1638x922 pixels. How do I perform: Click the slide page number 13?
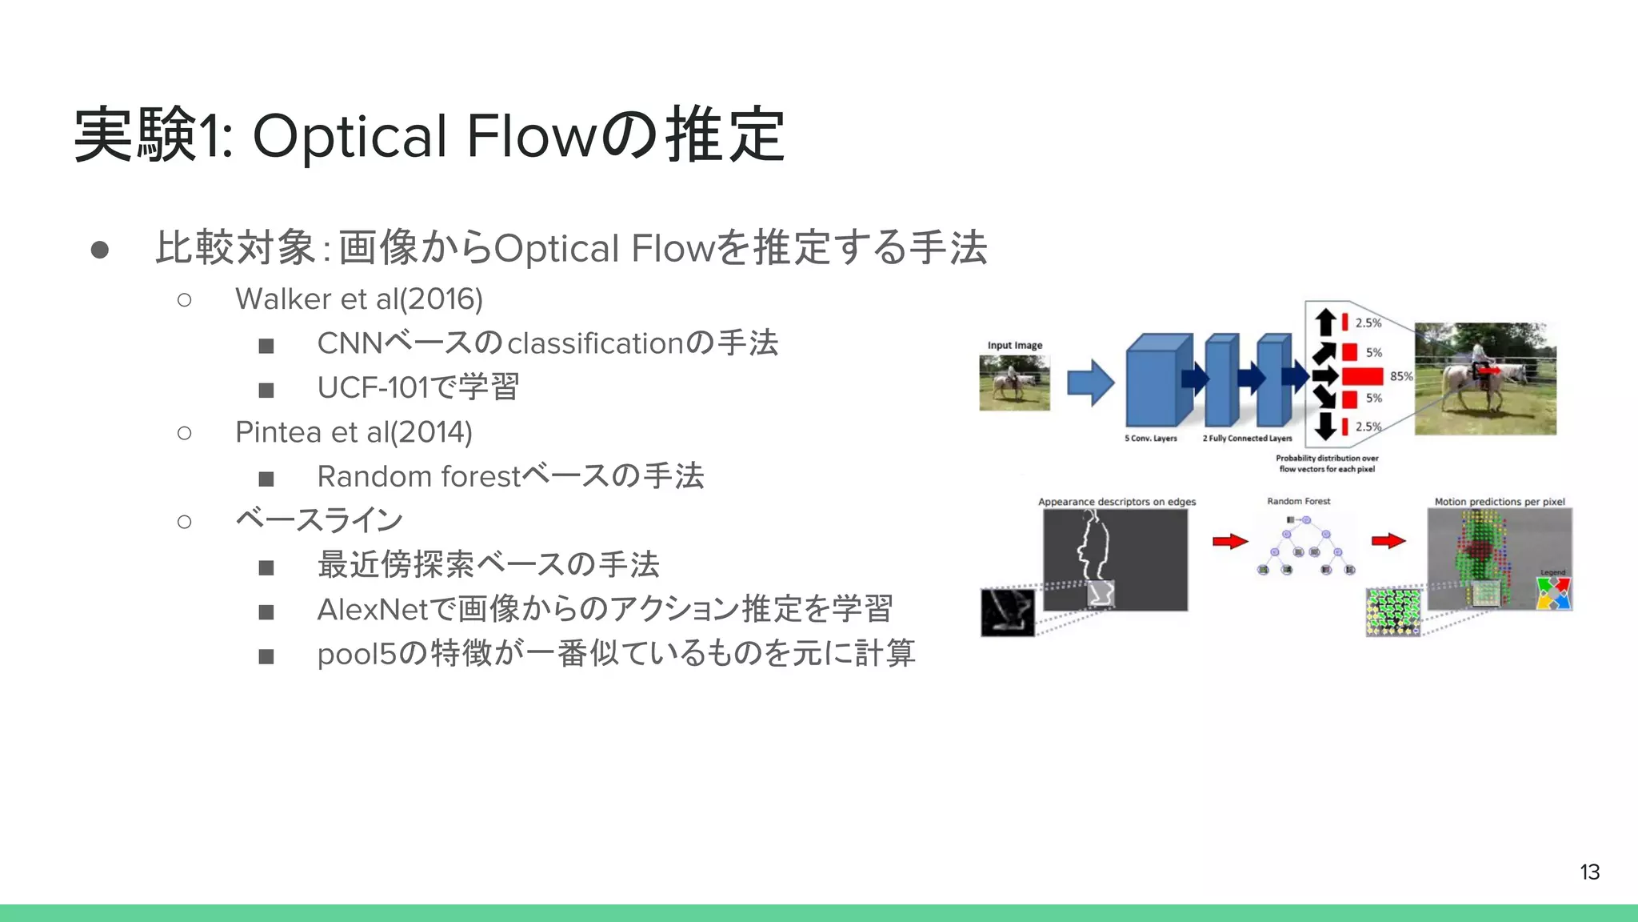point(1589,872)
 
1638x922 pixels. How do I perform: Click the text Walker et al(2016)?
point(359,299)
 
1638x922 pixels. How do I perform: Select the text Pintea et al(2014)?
point(354,432)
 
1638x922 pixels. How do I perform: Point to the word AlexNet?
point(373,610)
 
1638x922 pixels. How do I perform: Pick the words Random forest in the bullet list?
point(418,477)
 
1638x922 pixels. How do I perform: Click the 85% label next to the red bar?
point(1400,376)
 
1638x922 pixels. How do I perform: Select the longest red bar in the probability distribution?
point(1362,376)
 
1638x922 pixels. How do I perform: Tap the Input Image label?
point(1015,346)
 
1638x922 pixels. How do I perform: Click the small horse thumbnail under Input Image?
point(1014,383)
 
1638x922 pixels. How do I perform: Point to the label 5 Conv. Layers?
point(1151,439)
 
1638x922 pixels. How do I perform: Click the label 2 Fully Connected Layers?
point(1247,439)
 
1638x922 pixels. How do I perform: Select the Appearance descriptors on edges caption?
point(1117,502)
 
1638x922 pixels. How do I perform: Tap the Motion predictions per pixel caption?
point(1499,502)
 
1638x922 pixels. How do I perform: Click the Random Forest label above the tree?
point(1298,501)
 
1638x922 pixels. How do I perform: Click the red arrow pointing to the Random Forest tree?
point(1230,542)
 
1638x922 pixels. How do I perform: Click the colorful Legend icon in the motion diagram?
point(1553,593)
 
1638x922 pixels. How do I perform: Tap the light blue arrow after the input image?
point(1090,383)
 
